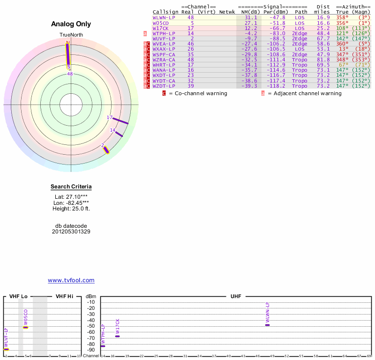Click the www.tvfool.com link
[71, 280]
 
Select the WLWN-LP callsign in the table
[164, 17]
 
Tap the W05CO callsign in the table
[160, 22]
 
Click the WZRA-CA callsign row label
[164, 60]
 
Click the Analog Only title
[71, 24]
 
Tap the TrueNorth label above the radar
[71, 35]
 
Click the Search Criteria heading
[71, 187]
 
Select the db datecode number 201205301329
[71, 232]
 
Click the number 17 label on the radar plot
[110, 118]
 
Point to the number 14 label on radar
[113, 130]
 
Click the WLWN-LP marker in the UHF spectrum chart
[268, 325]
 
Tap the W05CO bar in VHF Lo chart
[25, 327]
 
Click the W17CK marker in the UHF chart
[117, 336]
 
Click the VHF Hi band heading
[65, 296]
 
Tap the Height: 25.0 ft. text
[71, 209]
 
